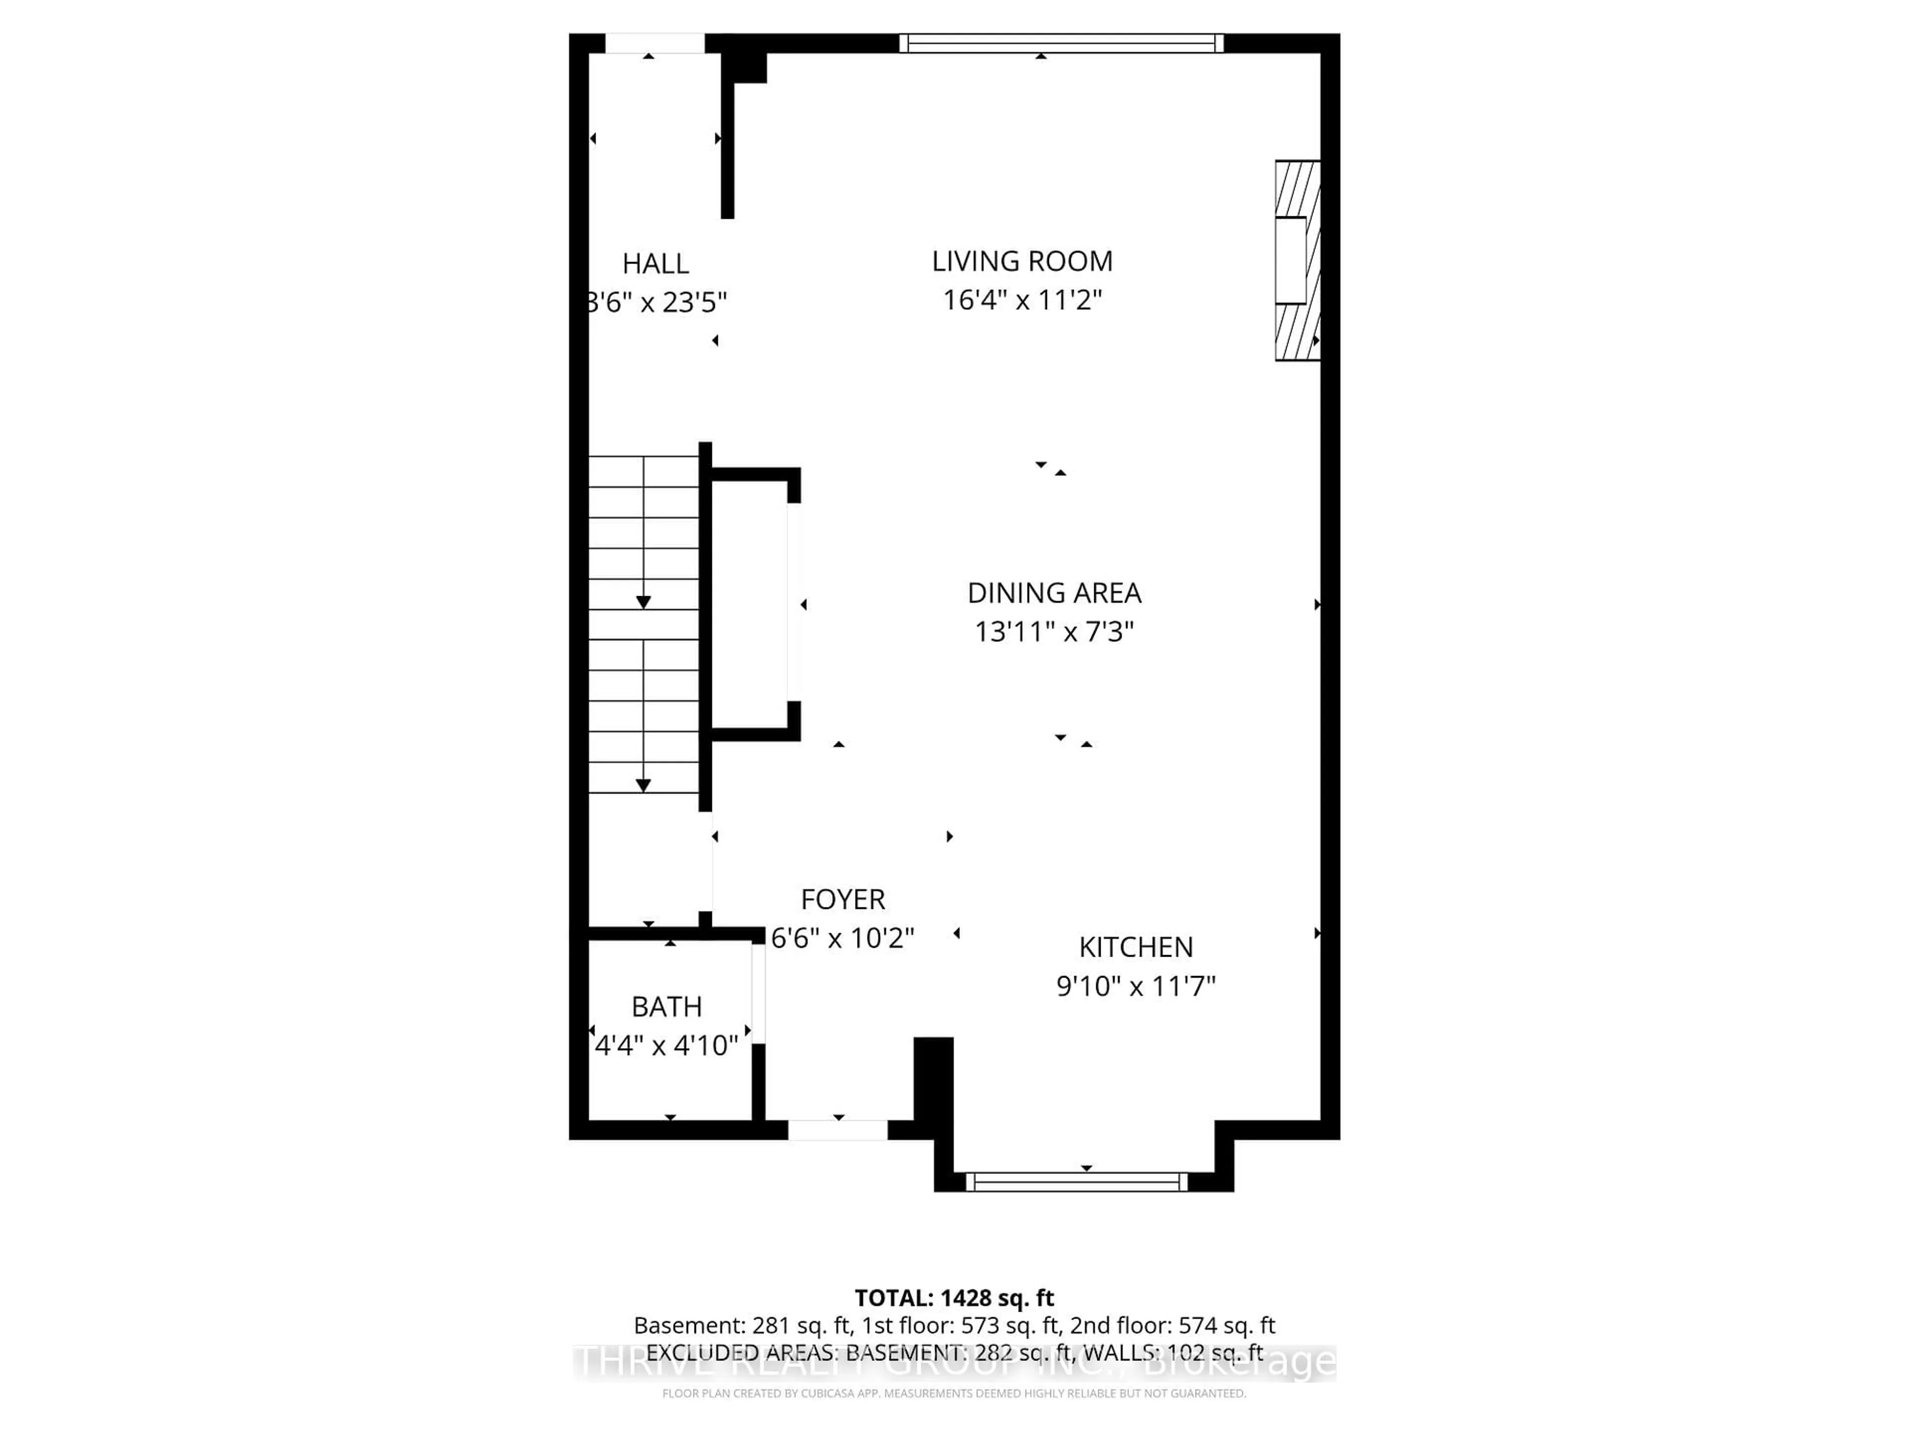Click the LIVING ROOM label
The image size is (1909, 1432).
(x=1022, y=261)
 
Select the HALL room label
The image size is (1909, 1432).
(x=655, y=263)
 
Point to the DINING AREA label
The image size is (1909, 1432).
(x=1054, y=593)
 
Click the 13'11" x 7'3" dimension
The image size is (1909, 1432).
(x=1054, y=632)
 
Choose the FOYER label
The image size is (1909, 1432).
(x=842, y=899)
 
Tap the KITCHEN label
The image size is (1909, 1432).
(x=1136, y=947)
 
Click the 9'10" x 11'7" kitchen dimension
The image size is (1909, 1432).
(x=1136, y=985)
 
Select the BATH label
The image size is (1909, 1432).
(x=666, y=1006)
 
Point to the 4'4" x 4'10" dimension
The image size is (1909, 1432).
(x=666, y=1045)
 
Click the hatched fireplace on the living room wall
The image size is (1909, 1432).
(x=1297, y=260)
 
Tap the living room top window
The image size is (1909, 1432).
(x=1061, y=43)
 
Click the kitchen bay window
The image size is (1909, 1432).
(x=1076, y=1182)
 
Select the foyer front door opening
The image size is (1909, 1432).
(x=837, y=1129)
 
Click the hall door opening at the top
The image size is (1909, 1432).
(x=654, y=43)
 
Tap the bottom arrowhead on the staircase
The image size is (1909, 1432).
(x=643, y=785)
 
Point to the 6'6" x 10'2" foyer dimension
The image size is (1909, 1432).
(x=842, y=938)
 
